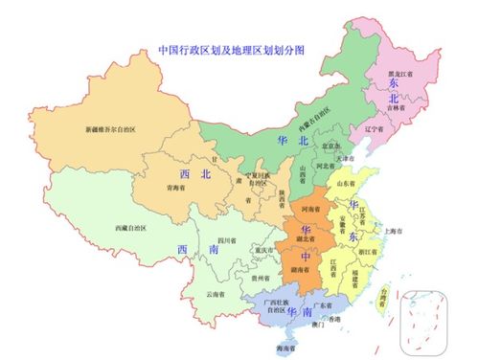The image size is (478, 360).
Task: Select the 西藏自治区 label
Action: pyautogui.click(x=135, y=227)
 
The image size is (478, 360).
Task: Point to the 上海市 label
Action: pyautogui.click(x=392, y=231)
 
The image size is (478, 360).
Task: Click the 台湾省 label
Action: pyautogui.click(x=380, y=297)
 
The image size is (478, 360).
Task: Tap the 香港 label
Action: pyautogui.click(x=332, y=318)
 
